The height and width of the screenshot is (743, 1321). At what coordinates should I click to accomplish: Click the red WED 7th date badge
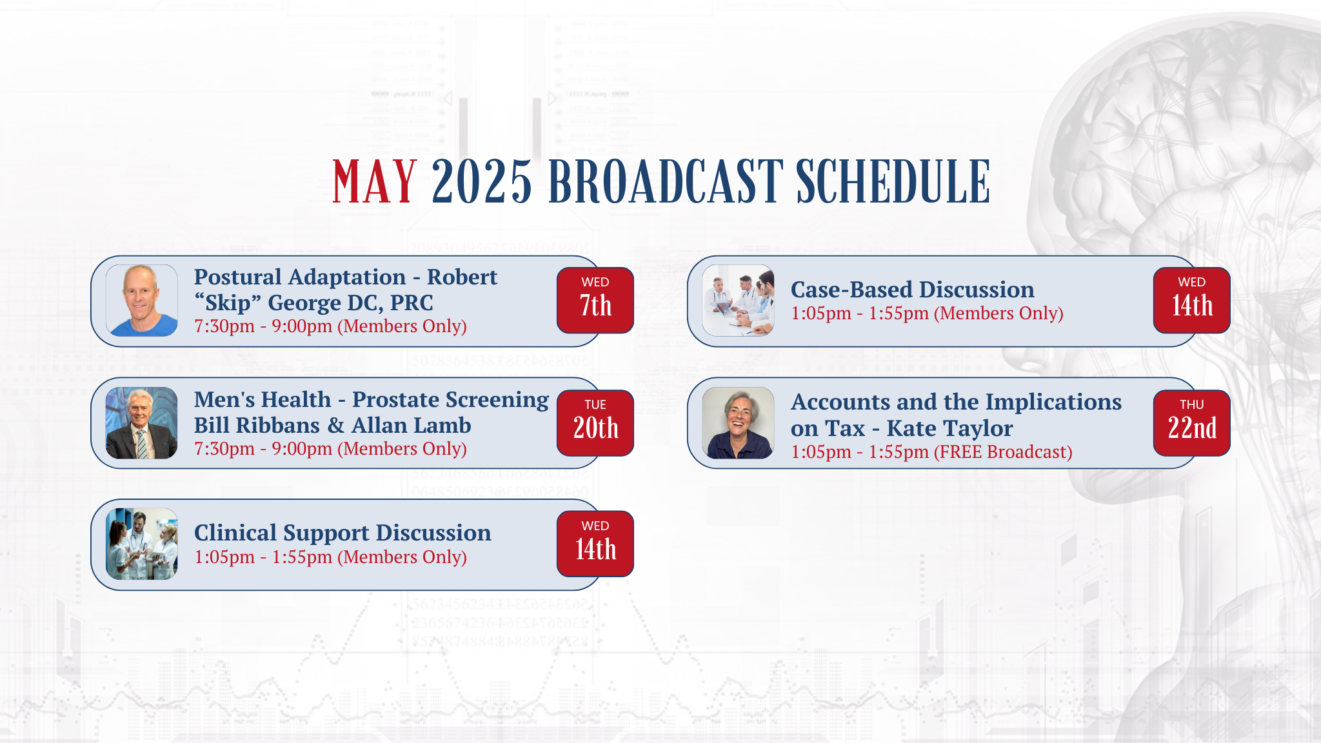point(595,301)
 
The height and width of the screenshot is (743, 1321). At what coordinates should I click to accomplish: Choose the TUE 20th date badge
point(595,423)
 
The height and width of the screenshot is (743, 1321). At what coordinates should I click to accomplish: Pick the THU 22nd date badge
point(1192,423)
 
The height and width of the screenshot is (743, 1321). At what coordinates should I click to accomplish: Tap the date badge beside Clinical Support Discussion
point(595,544)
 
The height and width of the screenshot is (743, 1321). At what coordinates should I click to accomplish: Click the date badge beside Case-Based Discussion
point(1192,301)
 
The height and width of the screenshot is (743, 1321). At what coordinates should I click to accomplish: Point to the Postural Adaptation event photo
point(141,301)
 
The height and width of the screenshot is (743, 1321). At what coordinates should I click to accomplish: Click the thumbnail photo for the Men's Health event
point(141,423)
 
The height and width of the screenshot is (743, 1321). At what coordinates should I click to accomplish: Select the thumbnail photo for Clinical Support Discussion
point(141,544)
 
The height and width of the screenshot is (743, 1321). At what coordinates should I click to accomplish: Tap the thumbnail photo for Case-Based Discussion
point(738,301)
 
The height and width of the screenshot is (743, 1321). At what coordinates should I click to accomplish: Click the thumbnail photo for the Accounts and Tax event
point(738,423)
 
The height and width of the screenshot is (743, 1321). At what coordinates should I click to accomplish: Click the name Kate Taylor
point(949,428)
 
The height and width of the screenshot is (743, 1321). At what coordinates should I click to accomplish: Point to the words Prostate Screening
point(450,401)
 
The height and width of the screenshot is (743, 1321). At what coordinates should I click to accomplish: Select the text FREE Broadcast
point(1003,452)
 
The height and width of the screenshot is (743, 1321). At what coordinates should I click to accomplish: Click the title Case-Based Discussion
point(913,290)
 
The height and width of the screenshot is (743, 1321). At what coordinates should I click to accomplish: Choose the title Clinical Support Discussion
point(343,533)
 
